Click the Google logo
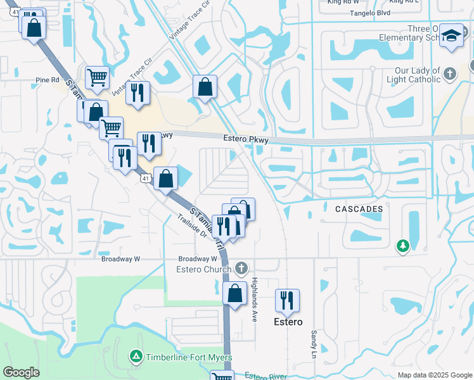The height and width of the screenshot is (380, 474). click(22, 372)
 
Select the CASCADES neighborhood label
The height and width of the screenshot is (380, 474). click(359, 208)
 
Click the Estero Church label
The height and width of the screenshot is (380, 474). click(204, 270)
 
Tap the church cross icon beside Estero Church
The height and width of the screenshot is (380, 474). click(241, 269)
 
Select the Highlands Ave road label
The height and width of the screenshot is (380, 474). click(254, 299)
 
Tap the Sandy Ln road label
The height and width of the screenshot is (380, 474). click(313, 341)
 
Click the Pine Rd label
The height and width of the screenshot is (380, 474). click(47, 80)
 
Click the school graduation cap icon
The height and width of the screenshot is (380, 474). click(452, 36)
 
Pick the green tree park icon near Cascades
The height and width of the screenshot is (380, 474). click(402, 245)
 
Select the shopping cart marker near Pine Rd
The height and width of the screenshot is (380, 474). click(97, 77)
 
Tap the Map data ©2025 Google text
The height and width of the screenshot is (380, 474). click(434, 375)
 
